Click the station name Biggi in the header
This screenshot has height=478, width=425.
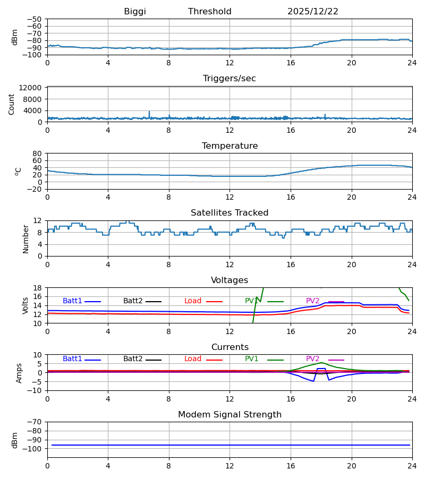(x=135, y=12)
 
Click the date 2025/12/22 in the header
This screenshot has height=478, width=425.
(x=313, y=12)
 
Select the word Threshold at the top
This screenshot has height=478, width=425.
(x=210, y=12)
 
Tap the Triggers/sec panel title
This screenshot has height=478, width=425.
(x=229, y=79)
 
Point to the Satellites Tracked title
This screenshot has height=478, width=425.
(x=229, y=213)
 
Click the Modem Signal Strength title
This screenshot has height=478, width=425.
(x=229, y=415)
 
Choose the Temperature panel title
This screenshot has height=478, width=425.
(x=229, y=146)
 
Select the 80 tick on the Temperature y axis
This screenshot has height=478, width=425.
(x=37, y=153)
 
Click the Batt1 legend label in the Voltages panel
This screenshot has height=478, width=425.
(x=72, y=301)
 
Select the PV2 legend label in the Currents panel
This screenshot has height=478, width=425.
(x=313, y=359)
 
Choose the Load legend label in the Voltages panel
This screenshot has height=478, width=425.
(x=193, y=301)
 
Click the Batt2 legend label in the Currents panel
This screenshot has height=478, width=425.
(x=133, y=359)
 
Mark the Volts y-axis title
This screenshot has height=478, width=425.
(x=25, y=305)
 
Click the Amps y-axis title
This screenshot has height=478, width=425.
(x=19, y=373)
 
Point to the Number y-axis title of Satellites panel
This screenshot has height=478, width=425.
(x=25, y=238)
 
